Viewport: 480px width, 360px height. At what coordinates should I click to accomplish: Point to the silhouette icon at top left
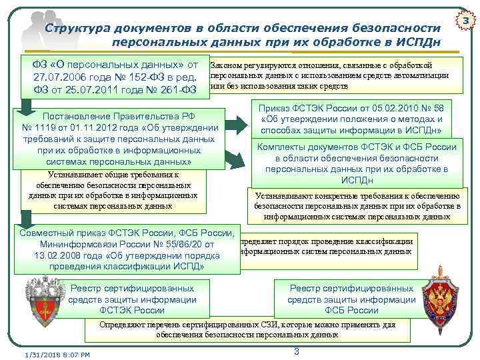33,27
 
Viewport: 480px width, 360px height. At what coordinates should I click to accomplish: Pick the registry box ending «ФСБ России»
351,299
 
